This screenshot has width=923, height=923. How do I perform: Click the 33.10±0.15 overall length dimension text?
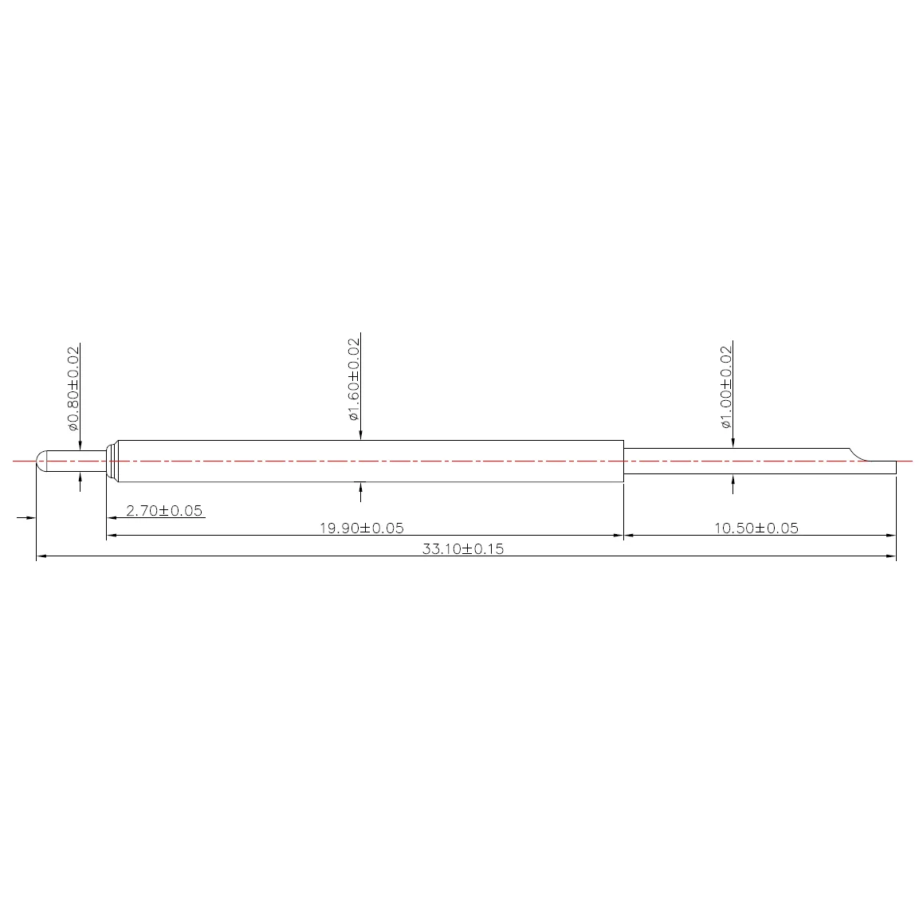coord(462,549)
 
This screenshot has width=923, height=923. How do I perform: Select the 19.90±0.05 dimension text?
coord(361,528)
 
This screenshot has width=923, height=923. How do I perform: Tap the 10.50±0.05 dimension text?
coord(756,528)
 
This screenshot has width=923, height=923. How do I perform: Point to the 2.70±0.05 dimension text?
coord(164,510)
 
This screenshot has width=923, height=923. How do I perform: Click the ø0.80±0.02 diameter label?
coord(73,388)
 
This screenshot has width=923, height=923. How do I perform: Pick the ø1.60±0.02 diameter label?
coord(353,379)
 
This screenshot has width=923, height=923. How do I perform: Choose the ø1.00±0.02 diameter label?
coord(726,387)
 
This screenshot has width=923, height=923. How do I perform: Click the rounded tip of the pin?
coord(41,461)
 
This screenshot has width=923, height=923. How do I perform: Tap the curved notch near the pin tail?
coord(858,455)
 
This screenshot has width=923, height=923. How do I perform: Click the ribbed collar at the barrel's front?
coord(112,461)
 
